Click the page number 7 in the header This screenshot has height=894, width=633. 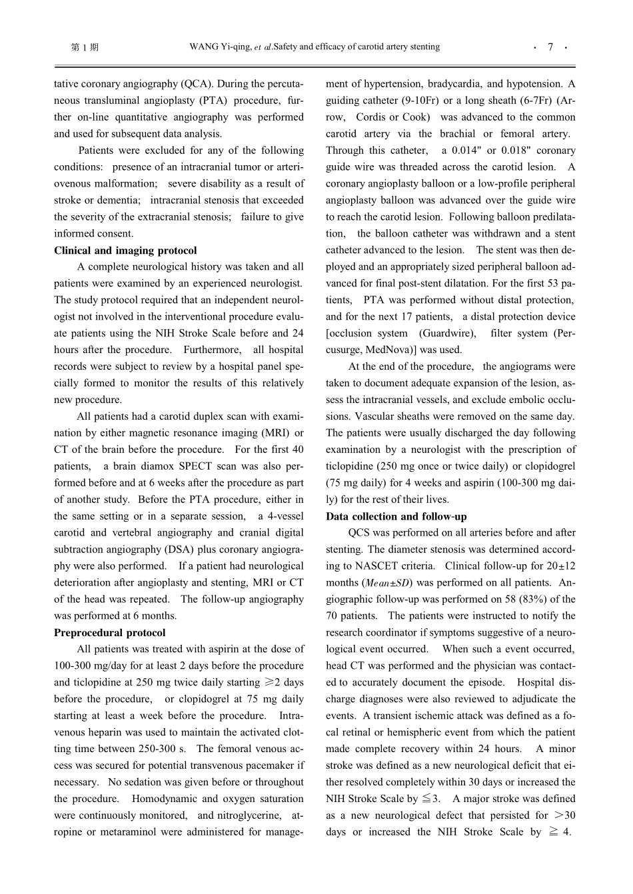tap(550, 47)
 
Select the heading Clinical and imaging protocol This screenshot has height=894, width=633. tap(125, 250)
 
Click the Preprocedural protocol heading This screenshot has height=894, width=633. tap(109, 633)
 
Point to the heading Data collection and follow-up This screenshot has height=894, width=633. tap(396, 516)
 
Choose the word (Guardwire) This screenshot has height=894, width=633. tap(447, 333)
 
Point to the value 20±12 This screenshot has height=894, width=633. tap(562, 566)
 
